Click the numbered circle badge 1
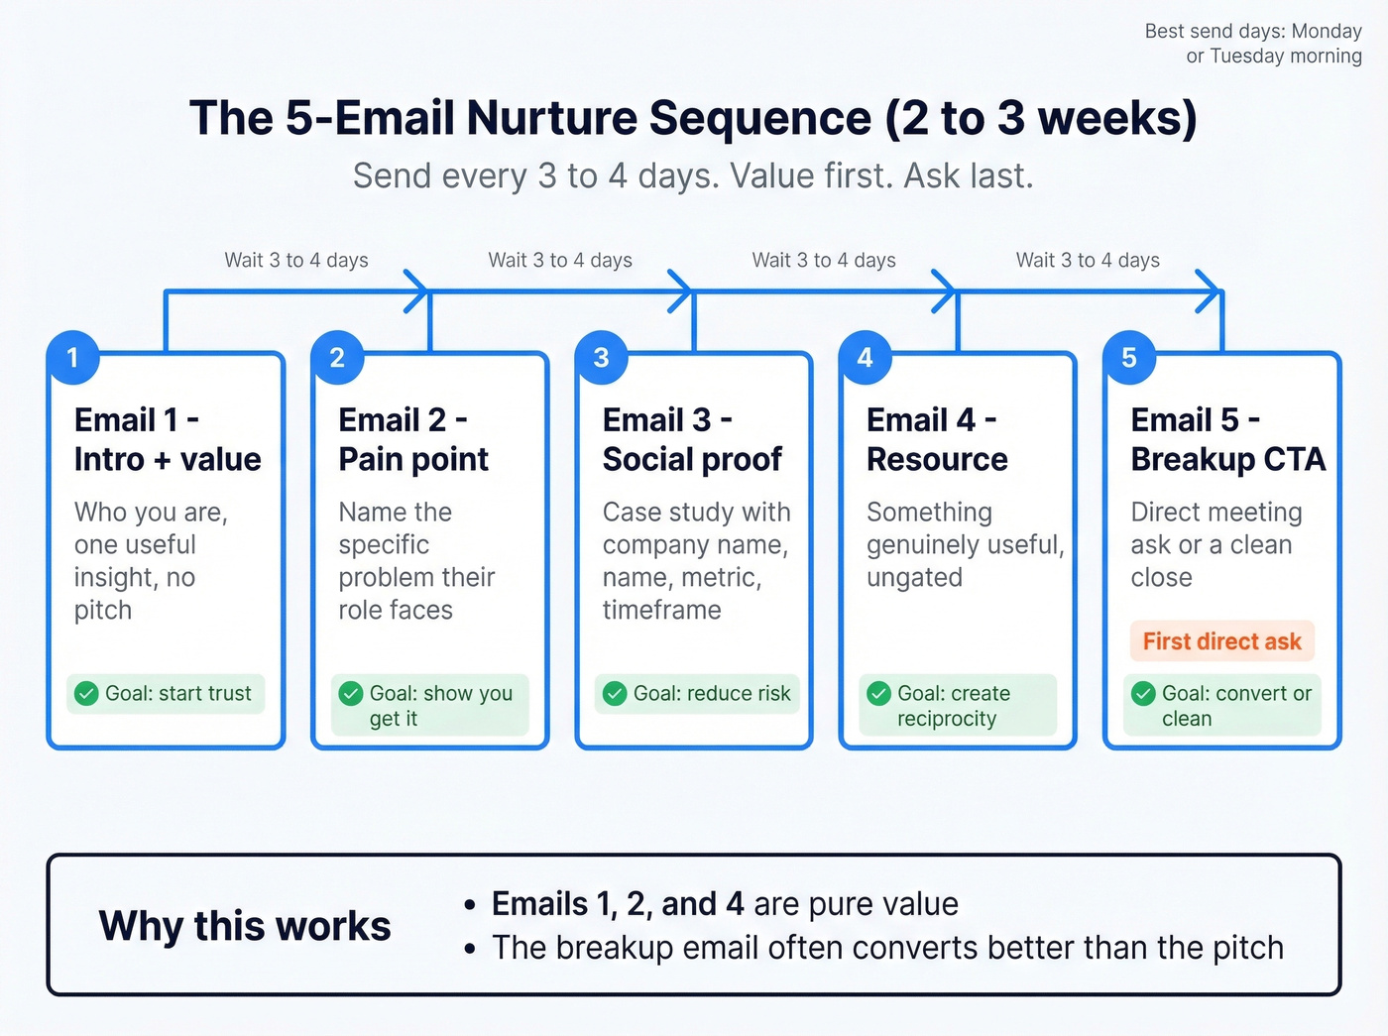click(72, 357)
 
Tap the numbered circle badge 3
click(601, 357)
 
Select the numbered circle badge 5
click(1129, 357)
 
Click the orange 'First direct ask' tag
click(1221, 641)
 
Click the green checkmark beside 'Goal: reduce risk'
click(615, 693)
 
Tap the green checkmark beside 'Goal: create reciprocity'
click(878, 693)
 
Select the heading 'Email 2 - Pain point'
click(413, 439)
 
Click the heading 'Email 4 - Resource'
click(937, 439)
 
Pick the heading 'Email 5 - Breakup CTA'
click(1227, 439)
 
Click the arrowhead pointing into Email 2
click(419, 291)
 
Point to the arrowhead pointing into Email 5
click(1212, 291)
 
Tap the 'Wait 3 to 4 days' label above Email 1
click(296, 260)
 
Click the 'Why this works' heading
click(245, 926)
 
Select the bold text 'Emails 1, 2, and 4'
click(618, 904)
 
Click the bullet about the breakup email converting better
click(887, 948)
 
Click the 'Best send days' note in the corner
click(1253, 44)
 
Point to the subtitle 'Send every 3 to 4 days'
click(693, 175)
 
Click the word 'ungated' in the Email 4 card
click(914, 577)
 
